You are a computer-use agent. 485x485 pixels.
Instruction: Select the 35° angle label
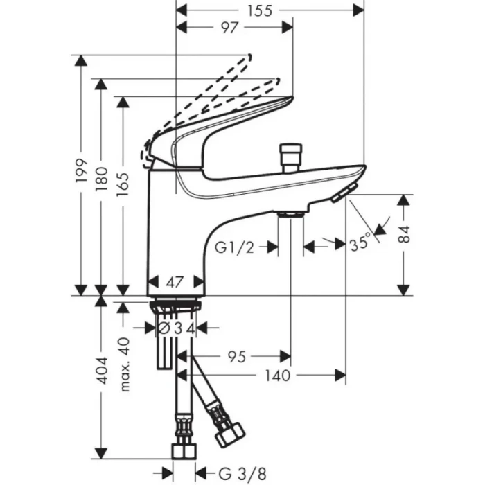pyautogui.click(x=360, y=245)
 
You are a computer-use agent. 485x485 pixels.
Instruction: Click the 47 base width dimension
pyautogui.click(x=176, y=282)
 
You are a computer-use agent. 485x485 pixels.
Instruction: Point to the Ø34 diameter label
pyautogui.click(x=177, y=327)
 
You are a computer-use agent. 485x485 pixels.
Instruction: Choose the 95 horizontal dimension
pyautogui.click(x=238, y=357)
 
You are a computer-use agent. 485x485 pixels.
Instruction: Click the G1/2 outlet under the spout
pyautogui.click(x=290, y=215)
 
